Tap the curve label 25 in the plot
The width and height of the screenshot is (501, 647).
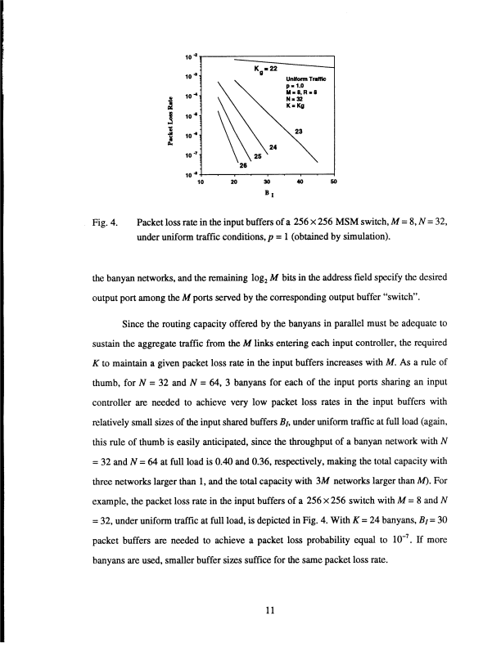257,155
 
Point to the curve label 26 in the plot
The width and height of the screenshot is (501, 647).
242,164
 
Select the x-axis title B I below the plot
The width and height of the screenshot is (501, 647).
268,195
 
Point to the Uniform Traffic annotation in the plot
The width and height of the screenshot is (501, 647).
306,78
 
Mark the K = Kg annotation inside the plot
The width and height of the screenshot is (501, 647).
296,106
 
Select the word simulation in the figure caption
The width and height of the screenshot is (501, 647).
362,237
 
